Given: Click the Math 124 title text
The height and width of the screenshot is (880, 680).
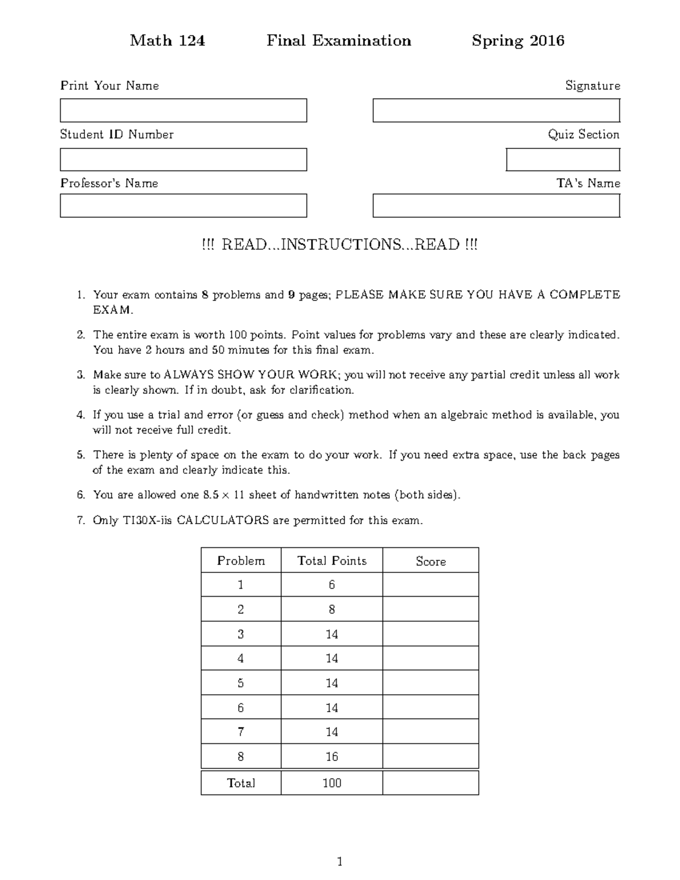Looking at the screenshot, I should point(167,41).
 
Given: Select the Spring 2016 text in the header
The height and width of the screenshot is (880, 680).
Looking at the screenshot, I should point(518,41).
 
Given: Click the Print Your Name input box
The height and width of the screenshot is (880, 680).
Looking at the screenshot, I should point(183,110).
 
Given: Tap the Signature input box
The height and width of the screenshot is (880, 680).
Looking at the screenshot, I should point(496,110).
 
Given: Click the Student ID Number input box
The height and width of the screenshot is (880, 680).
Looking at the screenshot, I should point(183,160).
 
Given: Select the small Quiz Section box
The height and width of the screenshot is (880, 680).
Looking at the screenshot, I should point(563,160).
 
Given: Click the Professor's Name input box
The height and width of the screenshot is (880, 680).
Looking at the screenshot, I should point(183,206).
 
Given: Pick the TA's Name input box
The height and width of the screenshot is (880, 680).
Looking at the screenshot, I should point(496,206).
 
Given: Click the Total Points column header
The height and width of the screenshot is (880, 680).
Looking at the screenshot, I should point(331,561).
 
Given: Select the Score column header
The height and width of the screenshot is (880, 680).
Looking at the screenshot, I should point(431,561).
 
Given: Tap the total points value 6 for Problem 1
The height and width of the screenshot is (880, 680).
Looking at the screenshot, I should point(331,585).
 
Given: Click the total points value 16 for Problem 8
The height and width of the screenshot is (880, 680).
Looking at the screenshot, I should point(331,757).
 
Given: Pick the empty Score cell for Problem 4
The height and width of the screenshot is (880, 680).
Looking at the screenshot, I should point(431,658).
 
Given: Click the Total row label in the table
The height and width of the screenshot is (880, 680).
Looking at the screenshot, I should point(241,783).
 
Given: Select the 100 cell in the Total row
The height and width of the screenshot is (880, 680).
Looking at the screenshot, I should point(331,783).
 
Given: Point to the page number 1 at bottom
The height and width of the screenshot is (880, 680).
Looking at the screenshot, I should point(339,862).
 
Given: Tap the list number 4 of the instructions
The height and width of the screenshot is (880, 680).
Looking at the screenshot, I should point(80,415).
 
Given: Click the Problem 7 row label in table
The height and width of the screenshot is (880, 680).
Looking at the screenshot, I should point(241,732).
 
